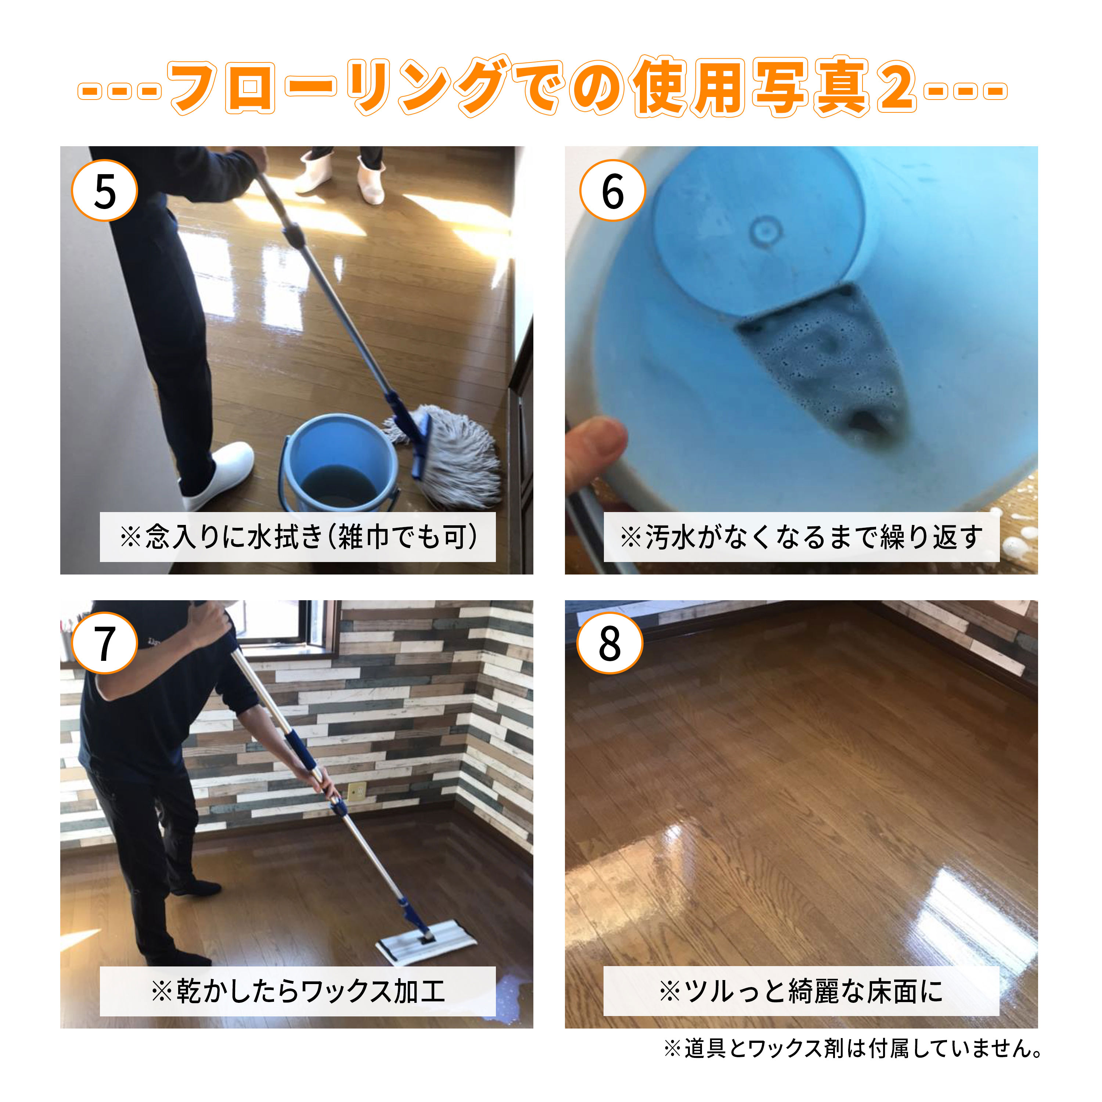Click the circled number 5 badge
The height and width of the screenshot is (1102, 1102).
point(104,191)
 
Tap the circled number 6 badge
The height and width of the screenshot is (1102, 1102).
point(612,191)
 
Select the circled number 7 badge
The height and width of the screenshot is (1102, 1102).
point(104,644)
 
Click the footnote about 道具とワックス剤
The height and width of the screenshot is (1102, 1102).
point(854,1048)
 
